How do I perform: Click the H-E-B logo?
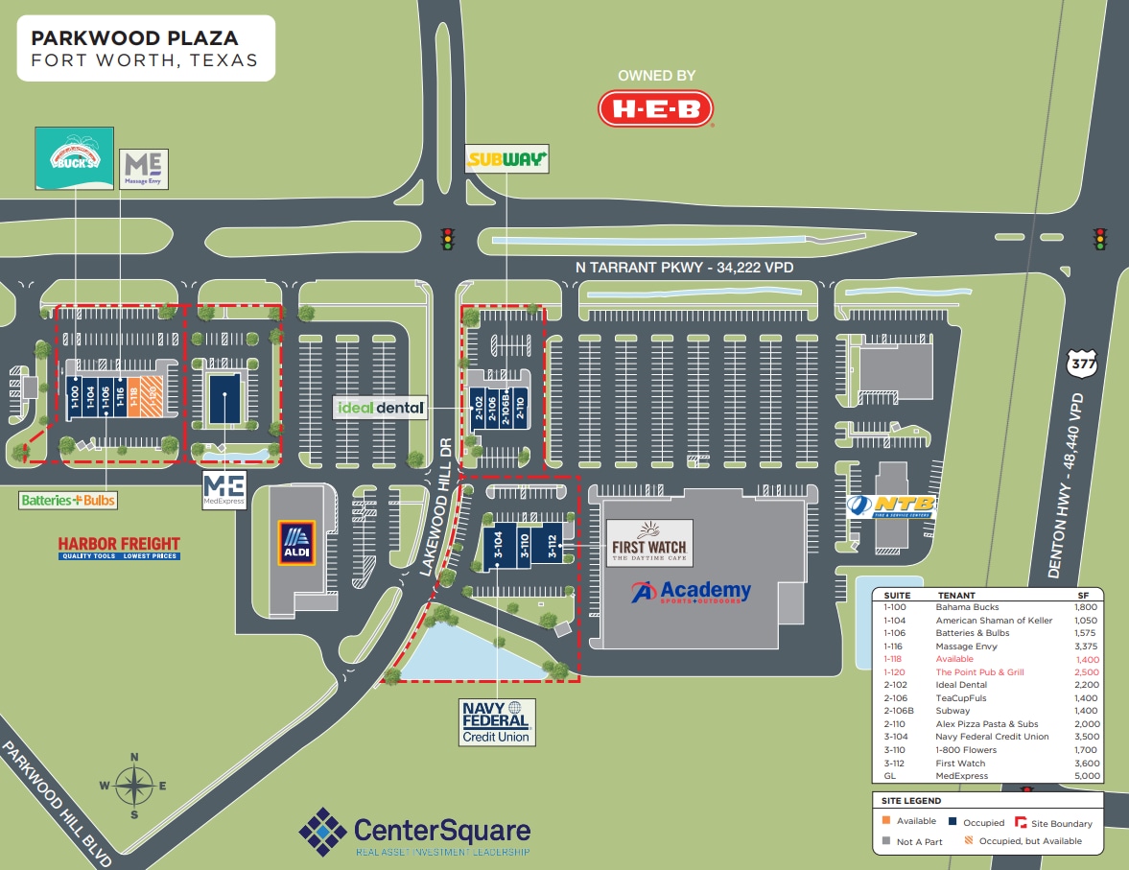tap(656, 108)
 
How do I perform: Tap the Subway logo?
tap(506, 159)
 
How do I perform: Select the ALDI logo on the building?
tap(295, 544)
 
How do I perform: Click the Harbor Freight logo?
tap(119, 547)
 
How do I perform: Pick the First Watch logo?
tap(649, 543)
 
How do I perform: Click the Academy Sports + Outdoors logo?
tap(691, 592)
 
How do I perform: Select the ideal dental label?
tap(381, 408)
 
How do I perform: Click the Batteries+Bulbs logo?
tap(67, 500)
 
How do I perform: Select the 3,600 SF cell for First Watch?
tap(1087, 763)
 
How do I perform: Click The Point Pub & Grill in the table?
tap(979, 672)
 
